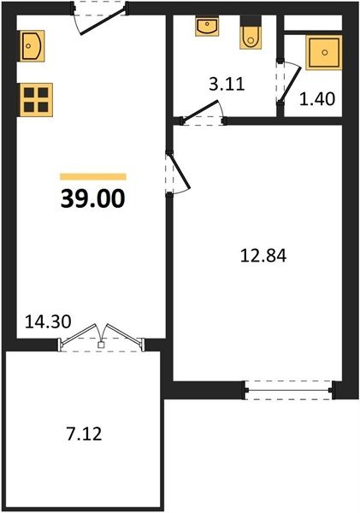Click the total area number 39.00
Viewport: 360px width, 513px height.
tap(92, 198)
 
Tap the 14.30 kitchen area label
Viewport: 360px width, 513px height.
tap(48, 321)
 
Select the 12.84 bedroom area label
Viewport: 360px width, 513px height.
tap(263, 256)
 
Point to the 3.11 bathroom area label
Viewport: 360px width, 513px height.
tap(227, 84)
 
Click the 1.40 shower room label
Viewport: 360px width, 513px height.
tap(317, 99)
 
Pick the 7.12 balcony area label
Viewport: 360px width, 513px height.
tap(84, 434)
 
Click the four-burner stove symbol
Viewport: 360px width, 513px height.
tap(36, 99)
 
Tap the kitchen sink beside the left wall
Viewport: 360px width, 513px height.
tap(32, 46)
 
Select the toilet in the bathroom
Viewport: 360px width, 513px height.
tap(251, 32)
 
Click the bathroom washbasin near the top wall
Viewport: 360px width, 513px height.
tap(207, 26)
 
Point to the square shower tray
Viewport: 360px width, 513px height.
tap(324, 52)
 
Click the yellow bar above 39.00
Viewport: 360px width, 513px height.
tap(93, 176)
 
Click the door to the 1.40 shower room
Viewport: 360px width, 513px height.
tap(290, 83)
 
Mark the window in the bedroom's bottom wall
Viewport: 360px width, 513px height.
tap(289, 390)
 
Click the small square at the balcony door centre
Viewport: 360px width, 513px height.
tap(102, 345)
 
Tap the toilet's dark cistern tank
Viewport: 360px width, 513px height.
tap(251, 21)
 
